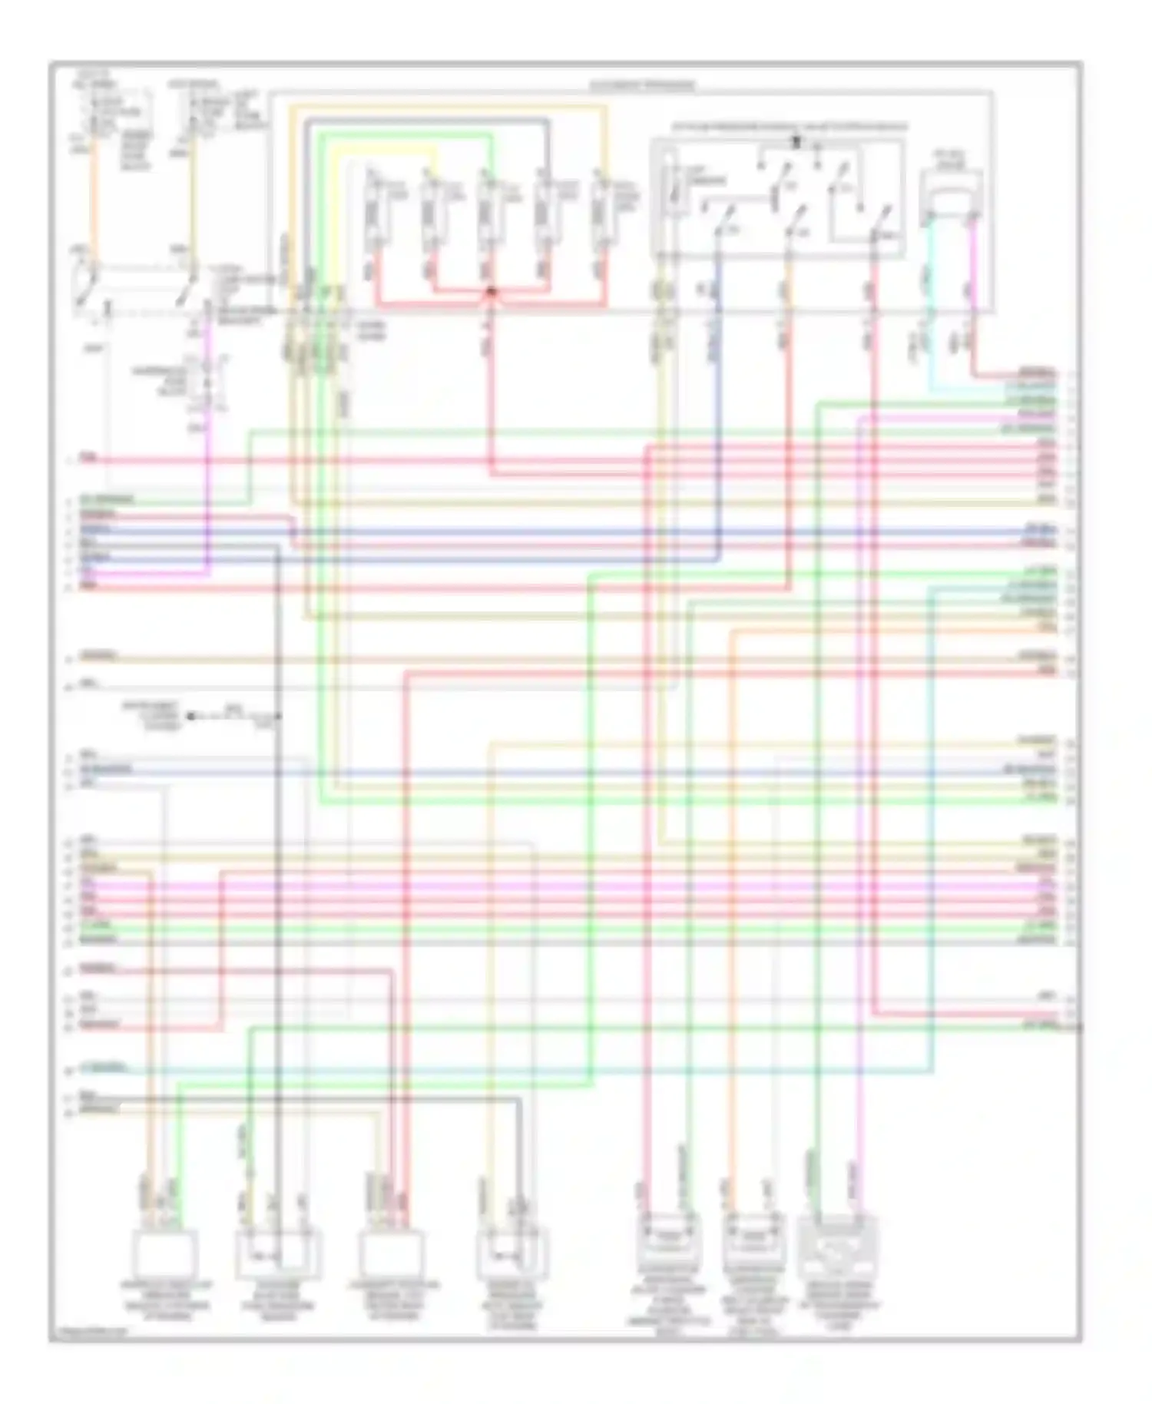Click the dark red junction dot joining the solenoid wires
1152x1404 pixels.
[492, 292]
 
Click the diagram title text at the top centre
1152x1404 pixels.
[641, 85]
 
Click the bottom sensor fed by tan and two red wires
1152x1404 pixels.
[392, 1253]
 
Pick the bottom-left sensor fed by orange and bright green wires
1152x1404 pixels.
[164, 1253]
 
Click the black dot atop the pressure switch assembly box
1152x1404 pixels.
[796, 141]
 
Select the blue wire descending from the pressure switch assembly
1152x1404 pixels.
[718, 384]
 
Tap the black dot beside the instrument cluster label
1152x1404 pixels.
[190, 716]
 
